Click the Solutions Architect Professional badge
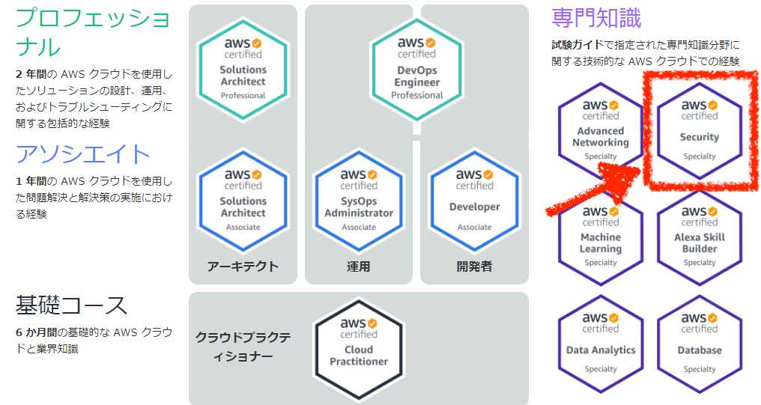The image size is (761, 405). coord(243,69)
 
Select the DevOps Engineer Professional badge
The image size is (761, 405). coord(416,69)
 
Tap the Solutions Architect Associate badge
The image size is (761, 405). coord(243,201)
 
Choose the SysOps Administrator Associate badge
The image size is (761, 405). coord(359,201)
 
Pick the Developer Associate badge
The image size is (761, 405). coord(474,201)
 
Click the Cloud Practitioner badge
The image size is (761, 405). coord(359,349)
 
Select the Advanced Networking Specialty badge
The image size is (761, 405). coord(601,131)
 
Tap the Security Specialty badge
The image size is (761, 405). coord(700,131)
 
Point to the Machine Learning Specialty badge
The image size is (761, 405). coord(601,237)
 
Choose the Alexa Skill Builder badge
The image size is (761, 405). coord(700,237)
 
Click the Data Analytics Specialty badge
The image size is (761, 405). coord(601,344)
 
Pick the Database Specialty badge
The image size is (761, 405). coord(700,344)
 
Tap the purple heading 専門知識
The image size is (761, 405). coord(596,19)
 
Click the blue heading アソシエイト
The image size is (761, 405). coord(82,154)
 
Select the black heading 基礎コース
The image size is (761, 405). coord(71,305)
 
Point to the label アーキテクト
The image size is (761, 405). coord(243,267)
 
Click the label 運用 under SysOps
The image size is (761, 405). coord(358,267)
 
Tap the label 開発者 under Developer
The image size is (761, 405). coord(474,267)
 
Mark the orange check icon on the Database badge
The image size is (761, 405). coord(712,317)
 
